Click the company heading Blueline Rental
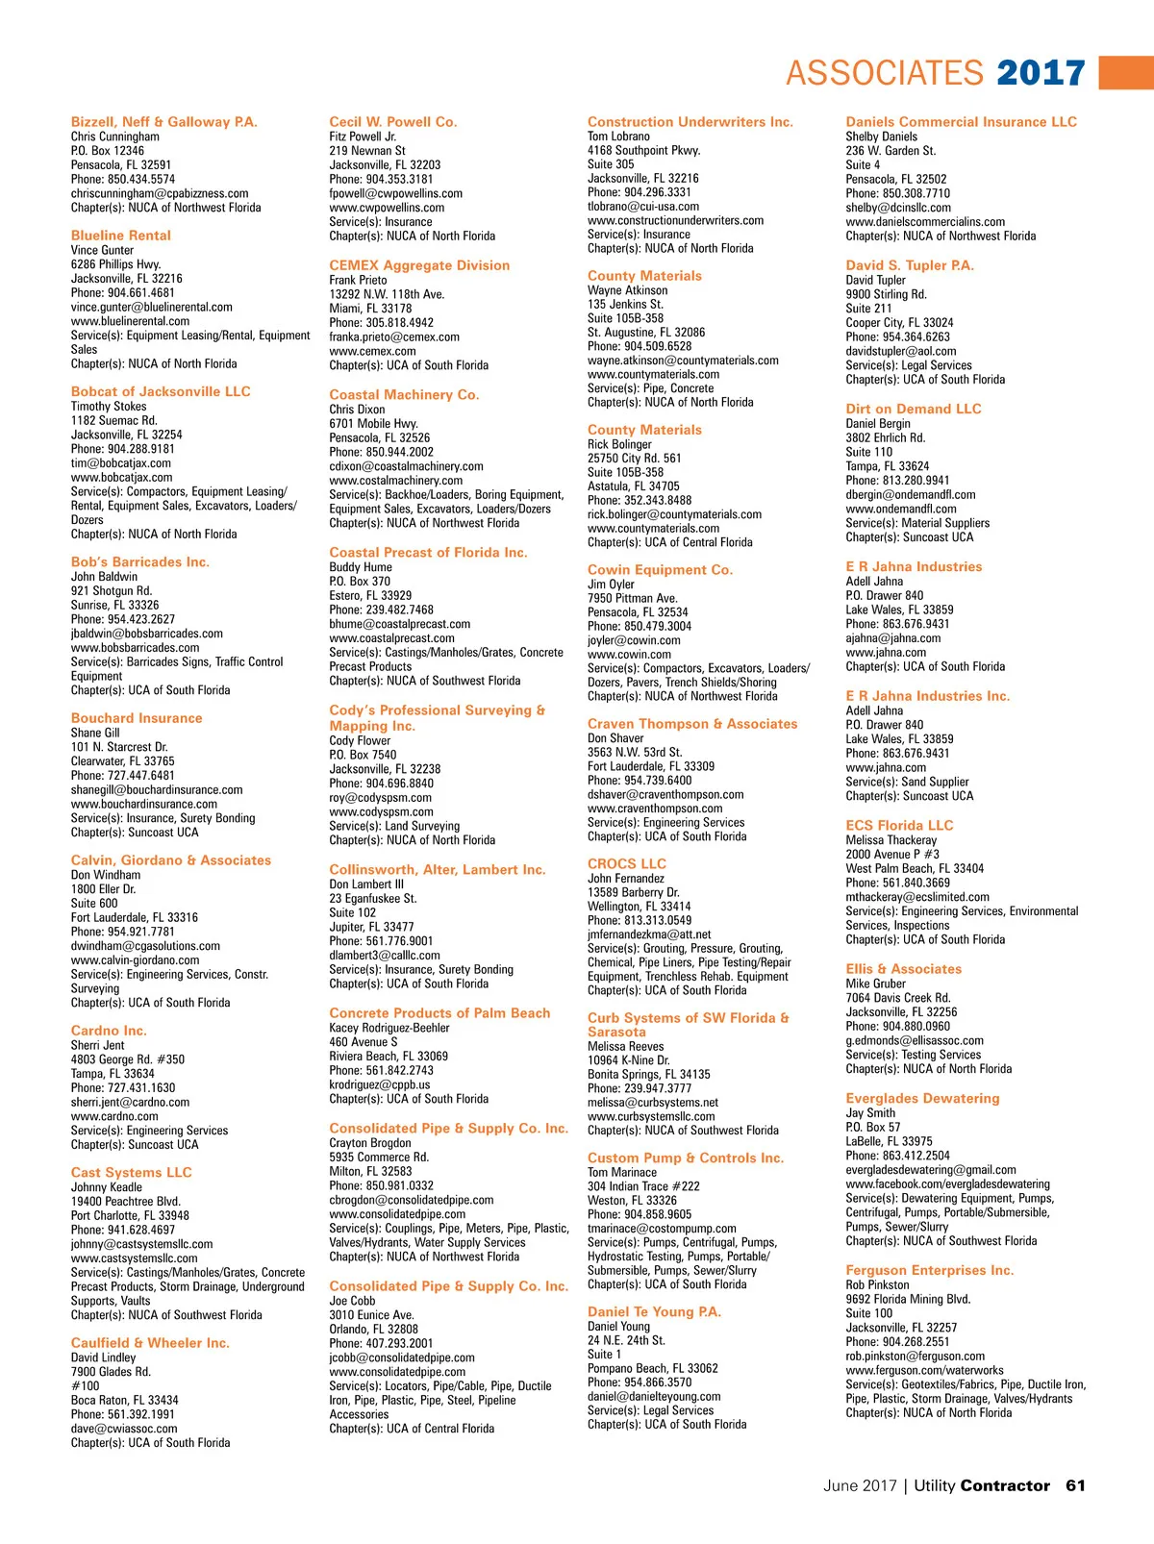(121, 236)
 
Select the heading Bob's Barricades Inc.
(140, 562)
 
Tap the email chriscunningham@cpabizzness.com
(160, 193)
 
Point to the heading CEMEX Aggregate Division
(419, 265)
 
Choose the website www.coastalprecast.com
(391, 638)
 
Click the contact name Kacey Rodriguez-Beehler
(389, 1028)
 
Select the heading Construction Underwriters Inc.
(690, 122)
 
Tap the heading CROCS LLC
(627, 864)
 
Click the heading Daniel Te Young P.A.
(654, 1312)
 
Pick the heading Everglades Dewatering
(922, 1099)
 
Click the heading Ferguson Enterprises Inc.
(929, 1271)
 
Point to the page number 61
(1075, 1486)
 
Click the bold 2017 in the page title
(1041, 73)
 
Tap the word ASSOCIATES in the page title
(885, 73)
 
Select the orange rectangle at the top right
(1126, 72)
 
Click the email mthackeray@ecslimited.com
(917, 897)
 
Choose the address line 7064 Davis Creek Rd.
(897, 998)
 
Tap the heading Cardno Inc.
(109, 1031)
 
